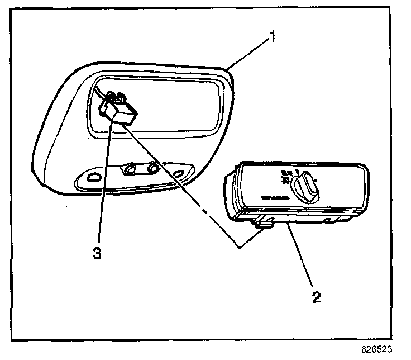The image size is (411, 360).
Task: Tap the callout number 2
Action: click(x=316, y=295)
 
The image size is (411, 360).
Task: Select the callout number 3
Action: click(x=97, y=253)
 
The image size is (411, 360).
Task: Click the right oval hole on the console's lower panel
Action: click(x=179, y=173)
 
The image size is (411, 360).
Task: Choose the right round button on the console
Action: click(x=152, y=167)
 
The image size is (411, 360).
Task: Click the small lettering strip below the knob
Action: click(x=274, y=197)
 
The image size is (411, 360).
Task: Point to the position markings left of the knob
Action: click(x=284, y=176)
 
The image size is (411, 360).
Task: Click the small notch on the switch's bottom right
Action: click(x=326, y=222)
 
